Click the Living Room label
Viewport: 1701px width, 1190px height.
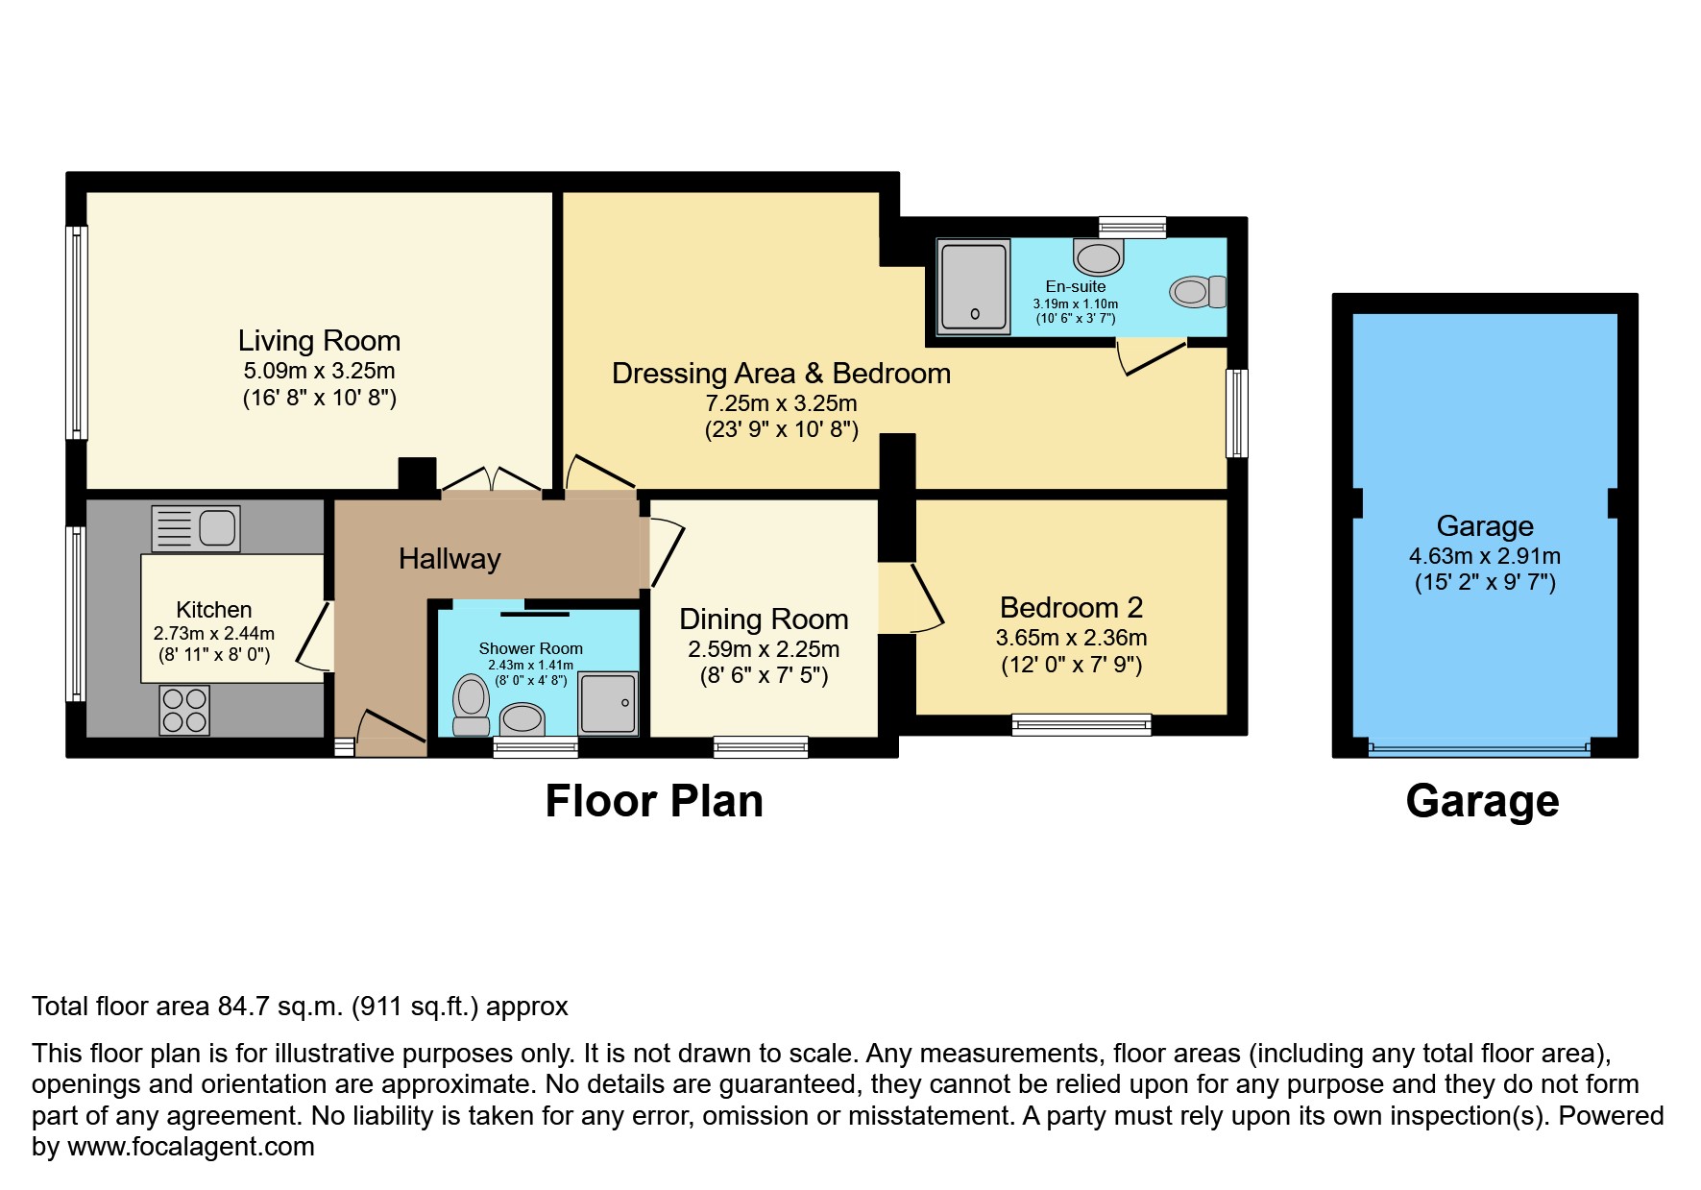click(319, 341)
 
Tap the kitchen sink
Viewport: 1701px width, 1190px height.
click(196, 528)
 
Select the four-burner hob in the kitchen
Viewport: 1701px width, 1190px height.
click(184, 711)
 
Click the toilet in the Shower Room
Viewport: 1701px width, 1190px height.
click(471, 704)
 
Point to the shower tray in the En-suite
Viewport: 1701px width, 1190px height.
click(974, 286)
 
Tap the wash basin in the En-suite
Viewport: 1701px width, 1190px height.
click(1098, 257)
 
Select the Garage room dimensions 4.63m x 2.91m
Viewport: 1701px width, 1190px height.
click(1484, 556)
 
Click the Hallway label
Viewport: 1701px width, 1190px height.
click(450, 559)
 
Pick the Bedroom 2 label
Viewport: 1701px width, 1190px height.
click(1071, 608)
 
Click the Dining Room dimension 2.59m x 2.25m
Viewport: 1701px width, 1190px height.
click(764, 649)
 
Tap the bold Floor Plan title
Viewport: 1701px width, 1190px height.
click(654, 801)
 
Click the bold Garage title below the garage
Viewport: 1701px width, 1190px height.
click(1482, 801)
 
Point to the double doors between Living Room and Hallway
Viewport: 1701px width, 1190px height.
click(493, 480)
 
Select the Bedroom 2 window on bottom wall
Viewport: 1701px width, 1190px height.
click(1081, 725)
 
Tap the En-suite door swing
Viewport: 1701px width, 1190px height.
click(1151, 356)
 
